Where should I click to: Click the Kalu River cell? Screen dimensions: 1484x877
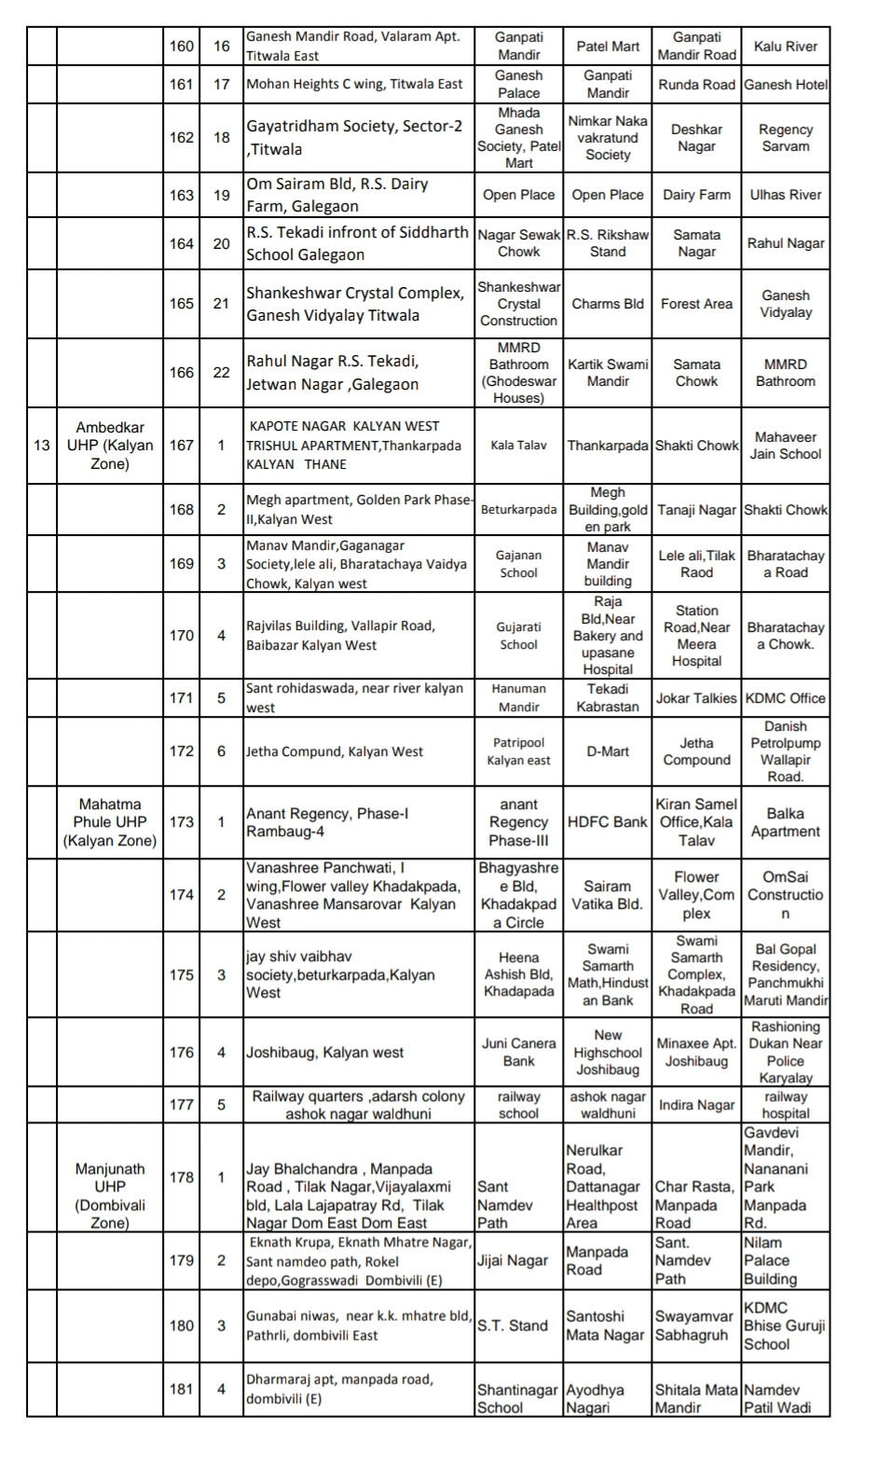(785, 47)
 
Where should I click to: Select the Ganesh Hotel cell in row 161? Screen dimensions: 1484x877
(785, 84)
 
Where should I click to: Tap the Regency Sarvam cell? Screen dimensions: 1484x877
(785, 138)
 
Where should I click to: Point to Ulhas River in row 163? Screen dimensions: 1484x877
(785, 195)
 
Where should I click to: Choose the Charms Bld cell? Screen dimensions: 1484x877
(608, 303)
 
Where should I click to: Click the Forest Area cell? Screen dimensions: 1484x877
(696, 303)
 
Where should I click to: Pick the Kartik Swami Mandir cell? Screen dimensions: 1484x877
(608, 372)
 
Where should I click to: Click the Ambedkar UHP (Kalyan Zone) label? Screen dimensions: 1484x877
(110, 445)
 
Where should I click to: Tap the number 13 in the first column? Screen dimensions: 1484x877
(42, 445)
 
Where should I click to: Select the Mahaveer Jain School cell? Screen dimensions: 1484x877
(785, 446)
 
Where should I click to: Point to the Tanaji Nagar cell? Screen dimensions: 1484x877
(696, 510)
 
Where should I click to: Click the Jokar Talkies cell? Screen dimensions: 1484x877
(696, 698)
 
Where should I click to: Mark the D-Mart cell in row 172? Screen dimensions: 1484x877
(608, 751)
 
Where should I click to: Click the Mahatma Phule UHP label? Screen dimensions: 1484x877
(110, 822)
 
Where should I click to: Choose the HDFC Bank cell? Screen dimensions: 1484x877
(608, 822)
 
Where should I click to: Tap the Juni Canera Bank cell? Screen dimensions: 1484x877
(518, 1052)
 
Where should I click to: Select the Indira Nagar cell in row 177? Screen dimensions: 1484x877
(696, 1105)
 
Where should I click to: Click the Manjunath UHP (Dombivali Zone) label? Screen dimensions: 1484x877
(110, 1195)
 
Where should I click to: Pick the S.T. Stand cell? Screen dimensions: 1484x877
(513, 1326)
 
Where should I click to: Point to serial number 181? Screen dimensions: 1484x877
(182, 1389)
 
